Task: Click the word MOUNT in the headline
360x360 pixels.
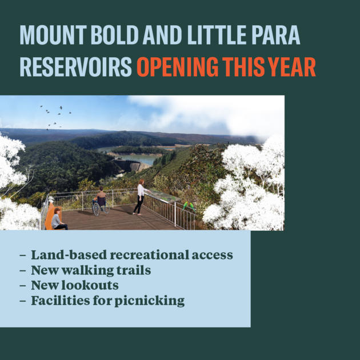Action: point(53,35)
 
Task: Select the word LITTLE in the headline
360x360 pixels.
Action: point(217,35)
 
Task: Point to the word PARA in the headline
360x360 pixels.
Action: point(276,35)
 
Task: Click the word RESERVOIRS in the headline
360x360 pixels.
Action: point(76,67)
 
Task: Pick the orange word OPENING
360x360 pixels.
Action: point(178,67)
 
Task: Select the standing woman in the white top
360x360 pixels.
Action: point(141,197)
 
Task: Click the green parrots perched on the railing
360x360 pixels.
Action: point(189,206)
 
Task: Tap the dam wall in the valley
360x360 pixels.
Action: point(132,166)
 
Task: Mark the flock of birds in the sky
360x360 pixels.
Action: point(55,117)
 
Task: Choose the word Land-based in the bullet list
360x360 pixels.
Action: point(69,255)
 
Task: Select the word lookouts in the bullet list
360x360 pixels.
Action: point(90,285)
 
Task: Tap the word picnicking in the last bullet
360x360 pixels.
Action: point(150,301)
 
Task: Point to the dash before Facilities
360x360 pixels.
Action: point(23,301)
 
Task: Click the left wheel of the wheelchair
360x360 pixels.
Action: point(97,209)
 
